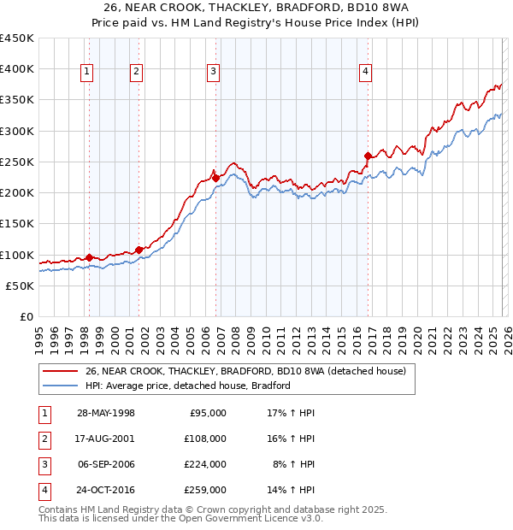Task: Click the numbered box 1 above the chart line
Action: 87,73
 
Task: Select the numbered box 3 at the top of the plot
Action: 213,73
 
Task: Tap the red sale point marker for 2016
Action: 368,156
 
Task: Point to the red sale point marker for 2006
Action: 215,178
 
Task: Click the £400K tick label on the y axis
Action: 17,69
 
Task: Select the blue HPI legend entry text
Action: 188,386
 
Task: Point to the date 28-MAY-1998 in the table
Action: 106,413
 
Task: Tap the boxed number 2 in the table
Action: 43,439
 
